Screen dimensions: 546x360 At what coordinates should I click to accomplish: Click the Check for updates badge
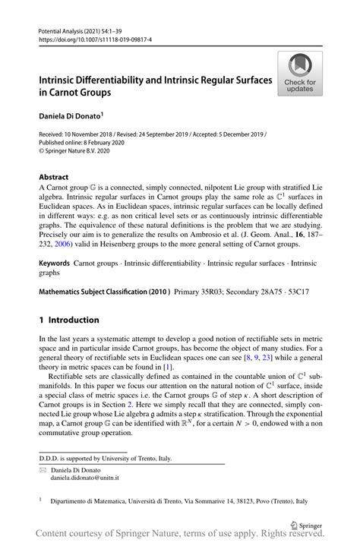[x=300, y=74]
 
